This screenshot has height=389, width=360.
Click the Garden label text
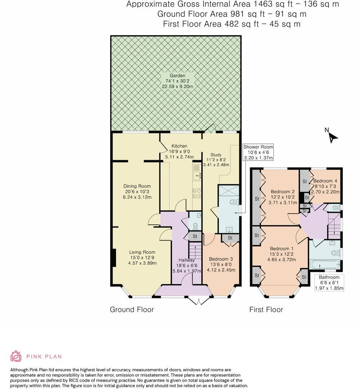click(x=178, y=76)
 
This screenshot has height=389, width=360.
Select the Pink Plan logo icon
click(x=16, y=356)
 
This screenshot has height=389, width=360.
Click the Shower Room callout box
click(x=258, y=152)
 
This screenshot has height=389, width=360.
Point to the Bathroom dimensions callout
click(x=329, y=283)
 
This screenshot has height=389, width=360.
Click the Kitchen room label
click(x=179, y=146)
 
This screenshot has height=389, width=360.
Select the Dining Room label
click(x=137, y=187)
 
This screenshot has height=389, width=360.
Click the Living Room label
click(x=142, y=252)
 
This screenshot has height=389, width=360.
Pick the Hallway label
click(x=186, y=260)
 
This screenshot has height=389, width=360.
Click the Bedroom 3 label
click(x=221, y=259)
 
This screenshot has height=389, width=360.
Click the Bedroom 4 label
click(x=325, y=181)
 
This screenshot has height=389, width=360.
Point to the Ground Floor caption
click(x=132, y=310)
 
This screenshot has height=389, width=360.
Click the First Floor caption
click(x=266, y=310)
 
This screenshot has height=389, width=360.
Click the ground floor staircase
click(x=195, y=250)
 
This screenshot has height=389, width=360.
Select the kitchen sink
click(x=197, y=175)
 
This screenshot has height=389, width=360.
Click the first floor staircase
click(x=334, y=225)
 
